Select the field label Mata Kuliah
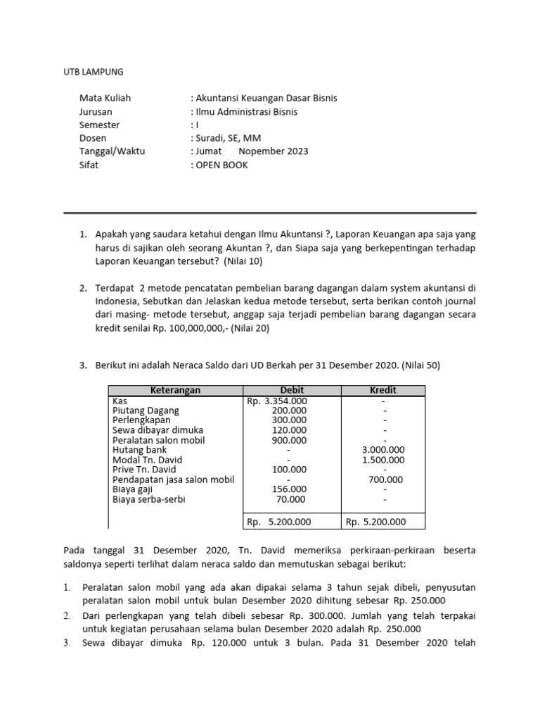[x=105, y=98]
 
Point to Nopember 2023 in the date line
[x=274, y=151]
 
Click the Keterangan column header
[x=175, y=390]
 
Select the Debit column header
[x=292, y=390]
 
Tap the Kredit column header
[x=383, y=390]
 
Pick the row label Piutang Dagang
[x=146, y=410]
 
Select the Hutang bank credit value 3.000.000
[x=382, y=450]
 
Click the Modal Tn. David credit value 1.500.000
[x=382, y=460]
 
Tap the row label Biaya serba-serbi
[x=153, y=499]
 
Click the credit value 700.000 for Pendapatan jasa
[x=385, y=479]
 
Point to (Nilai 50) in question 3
[x=421, y=365]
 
